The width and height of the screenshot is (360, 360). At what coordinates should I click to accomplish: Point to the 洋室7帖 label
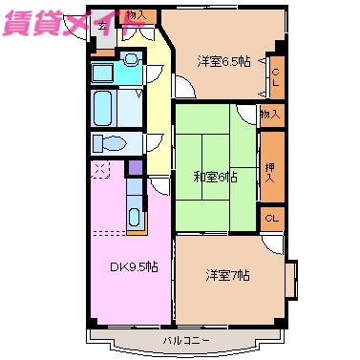tap(227, 276)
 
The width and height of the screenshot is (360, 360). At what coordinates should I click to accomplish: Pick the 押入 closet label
tap(272, 172)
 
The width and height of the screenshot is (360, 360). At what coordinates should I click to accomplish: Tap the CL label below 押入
tap(272, 219)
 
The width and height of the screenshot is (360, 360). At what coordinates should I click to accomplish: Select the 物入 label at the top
tap(136, 15)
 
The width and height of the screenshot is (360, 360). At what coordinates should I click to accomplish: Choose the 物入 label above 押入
tap(272, 115)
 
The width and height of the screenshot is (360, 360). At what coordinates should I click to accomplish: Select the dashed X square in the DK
tap(100, 169)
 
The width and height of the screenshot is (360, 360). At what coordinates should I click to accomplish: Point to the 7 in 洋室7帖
tap(235, 276)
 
